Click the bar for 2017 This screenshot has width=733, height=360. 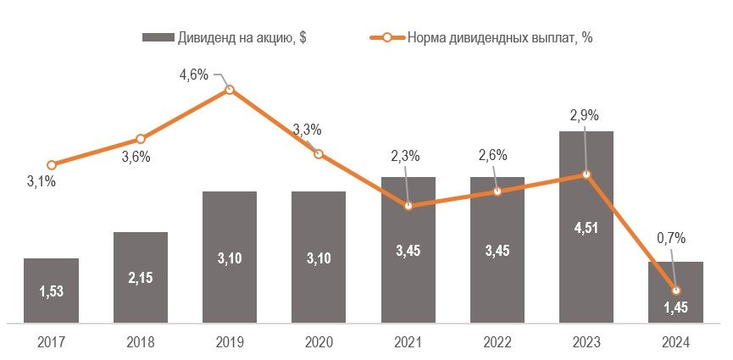[52, 290]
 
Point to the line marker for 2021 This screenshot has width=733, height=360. [408, 206]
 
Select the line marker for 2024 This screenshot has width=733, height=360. [675, 290]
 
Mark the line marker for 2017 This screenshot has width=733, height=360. [52, 165]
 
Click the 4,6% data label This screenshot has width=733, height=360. [194, 75]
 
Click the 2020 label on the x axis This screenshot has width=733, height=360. [319, 342]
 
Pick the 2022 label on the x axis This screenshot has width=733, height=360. [497, 342]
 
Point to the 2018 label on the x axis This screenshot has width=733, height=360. [141, 342]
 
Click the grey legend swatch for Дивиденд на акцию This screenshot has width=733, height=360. [157, 37]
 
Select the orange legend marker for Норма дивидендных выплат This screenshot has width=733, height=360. [386, 37]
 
